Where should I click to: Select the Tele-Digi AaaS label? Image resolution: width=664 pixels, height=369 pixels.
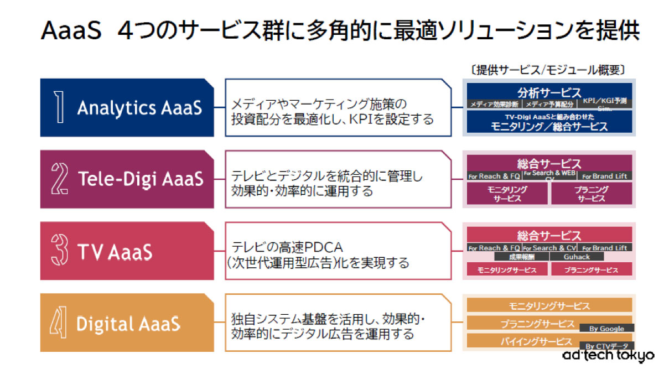click(140, 179)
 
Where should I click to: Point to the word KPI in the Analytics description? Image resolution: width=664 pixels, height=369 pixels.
click(359, 118)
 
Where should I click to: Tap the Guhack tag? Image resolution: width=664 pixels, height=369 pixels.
click(577, 257)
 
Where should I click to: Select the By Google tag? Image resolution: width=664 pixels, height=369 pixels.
click(606, 329)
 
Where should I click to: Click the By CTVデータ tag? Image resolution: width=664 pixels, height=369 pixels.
click(606, 346)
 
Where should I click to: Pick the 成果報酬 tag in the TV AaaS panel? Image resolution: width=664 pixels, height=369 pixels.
click(522, 257)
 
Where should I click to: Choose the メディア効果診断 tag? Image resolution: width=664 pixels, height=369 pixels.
click(494, 104)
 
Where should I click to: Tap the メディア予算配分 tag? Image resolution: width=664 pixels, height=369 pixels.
click(550, 104)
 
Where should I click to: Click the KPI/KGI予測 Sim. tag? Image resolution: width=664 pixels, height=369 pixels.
click(604, 103)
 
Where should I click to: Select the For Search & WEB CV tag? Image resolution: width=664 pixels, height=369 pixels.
click(549, 175)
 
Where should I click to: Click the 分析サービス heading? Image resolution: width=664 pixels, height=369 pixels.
click(549, 92)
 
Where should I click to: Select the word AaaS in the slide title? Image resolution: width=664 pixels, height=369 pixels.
click(71, 32)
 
